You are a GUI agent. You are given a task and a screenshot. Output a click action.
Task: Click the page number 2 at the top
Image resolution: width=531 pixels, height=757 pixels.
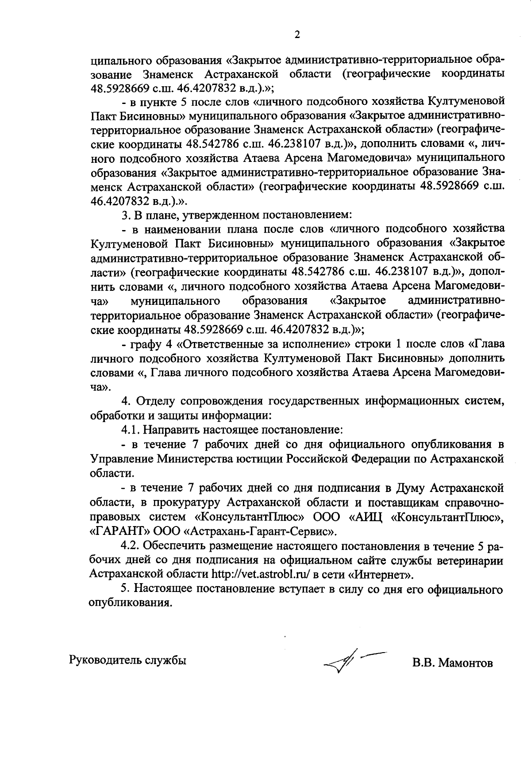tap(297, 35)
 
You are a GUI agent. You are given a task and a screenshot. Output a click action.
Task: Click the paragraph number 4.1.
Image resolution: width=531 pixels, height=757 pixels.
tap(129, 430)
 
